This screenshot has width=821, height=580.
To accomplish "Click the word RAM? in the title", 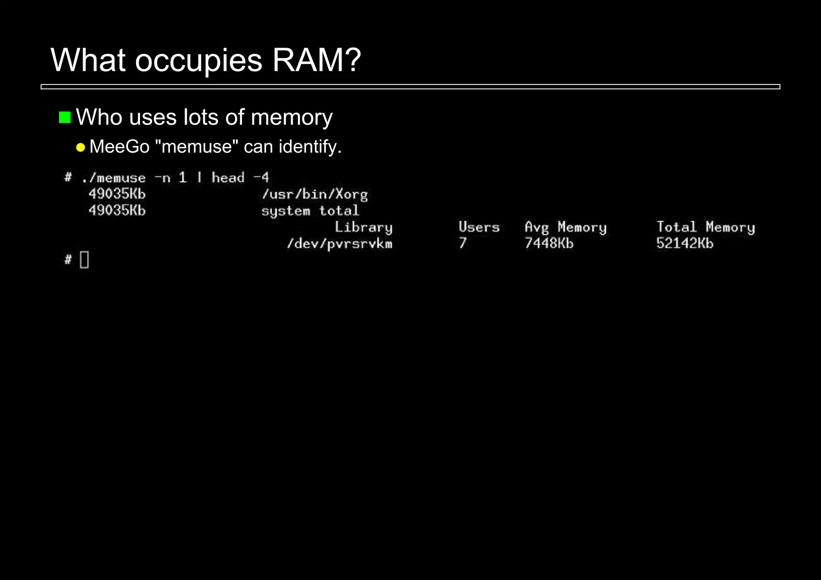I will [316, 60].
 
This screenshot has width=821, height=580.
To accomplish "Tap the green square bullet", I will [65, 117].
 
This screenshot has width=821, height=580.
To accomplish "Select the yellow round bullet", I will [81, 148].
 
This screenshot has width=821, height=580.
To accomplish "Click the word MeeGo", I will [119, 147].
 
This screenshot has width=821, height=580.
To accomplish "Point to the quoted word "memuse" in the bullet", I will [196, 147].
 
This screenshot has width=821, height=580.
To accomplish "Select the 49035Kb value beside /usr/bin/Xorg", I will [117, 194].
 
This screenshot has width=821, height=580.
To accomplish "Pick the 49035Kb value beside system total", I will [117, 210].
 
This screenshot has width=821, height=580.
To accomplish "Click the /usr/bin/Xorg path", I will [315, 194].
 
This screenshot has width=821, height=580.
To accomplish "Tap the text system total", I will [310, 211].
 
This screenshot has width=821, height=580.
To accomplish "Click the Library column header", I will [363, 227].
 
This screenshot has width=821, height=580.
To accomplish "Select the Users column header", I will [479, 227].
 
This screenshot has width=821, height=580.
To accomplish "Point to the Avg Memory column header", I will [566, 228].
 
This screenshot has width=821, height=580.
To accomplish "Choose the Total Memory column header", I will [706, 228].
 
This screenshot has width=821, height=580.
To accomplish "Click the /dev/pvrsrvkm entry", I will [340, 244].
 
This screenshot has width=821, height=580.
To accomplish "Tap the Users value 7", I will [463, 243].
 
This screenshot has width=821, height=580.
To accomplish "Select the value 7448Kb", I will [549, 243].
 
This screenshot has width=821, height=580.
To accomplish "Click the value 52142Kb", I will [685, 243].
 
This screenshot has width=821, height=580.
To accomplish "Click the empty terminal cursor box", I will [84, 260].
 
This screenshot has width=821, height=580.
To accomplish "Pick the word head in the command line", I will [228, 178].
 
